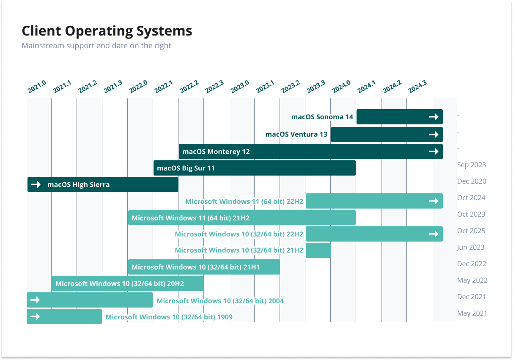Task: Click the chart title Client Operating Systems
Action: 107,31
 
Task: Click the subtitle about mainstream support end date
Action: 96,46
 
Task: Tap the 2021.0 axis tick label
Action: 37,87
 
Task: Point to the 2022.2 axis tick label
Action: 189,87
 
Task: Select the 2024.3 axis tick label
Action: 417,87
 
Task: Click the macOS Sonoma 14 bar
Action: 400,117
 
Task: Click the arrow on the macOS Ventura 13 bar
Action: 434,135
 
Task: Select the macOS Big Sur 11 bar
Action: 255,168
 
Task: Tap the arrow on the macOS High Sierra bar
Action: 36,184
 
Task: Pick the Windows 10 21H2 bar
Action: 318,250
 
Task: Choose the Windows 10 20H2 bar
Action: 128,283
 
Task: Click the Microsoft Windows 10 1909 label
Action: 169,317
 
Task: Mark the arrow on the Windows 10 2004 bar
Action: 35,300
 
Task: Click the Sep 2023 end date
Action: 472,165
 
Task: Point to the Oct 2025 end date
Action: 471,231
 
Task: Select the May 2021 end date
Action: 472,313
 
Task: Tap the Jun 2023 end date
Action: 471,247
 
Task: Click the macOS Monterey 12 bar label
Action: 216,151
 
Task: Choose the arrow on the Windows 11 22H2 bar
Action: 434,201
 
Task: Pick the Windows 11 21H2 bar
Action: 242,217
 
